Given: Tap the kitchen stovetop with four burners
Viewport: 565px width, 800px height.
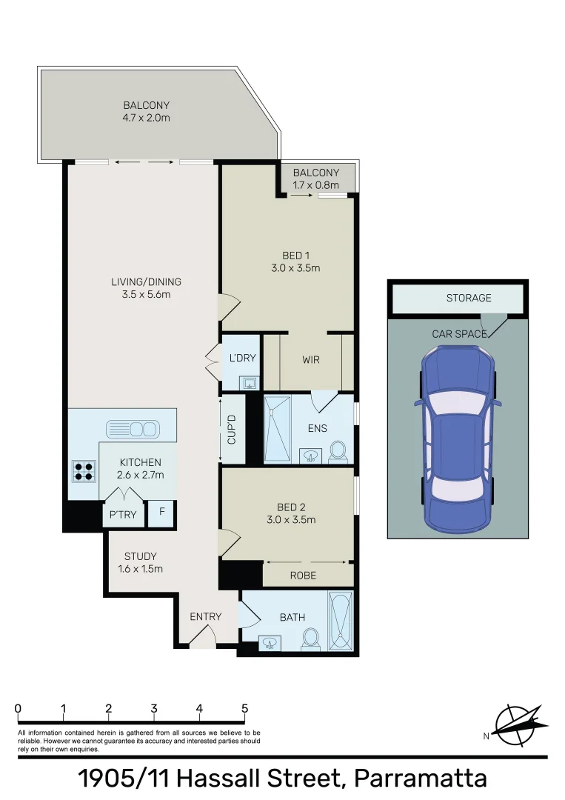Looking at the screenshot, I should (x=84, y=471).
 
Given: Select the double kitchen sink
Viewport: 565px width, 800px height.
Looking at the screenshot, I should (x=133, y=428).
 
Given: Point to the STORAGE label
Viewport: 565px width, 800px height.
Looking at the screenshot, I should (x=468, y=298).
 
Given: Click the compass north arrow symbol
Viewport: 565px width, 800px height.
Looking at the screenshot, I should (x=521, y=724).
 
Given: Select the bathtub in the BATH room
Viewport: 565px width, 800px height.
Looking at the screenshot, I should (x=341, y=621).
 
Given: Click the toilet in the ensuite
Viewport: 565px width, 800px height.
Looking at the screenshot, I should (x=338, y=451).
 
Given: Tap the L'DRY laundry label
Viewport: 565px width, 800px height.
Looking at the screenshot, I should (x=243, y=358).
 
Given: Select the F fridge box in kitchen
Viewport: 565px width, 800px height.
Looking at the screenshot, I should (x=162, y=513).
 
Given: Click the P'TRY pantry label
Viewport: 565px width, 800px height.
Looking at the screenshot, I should (x=123, y=514).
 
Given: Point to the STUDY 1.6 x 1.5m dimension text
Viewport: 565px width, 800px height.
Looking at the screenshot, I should (x=140, y=569).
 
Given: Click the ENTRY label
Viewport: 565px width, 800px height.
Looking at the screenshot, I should (x=205, y=616).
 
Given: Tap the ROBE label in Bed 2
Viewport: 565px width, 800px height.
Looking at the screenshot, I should (x=303, y=575).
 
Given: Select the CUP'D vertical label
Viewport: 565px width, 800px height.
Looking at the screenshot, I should (x=232, y=430).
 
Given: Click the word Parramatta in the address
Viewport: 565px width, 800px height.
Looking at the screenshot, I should (x=421, y=779).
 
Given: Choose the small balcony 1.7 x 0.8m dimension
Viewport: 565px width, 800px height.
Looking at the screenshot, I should (x=315, y=184).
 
